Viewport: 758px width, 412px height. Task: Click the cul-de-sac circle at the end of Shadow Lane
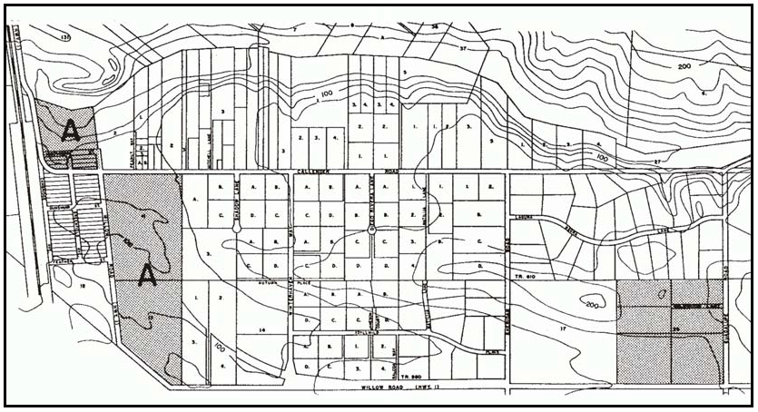(237, 231)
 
